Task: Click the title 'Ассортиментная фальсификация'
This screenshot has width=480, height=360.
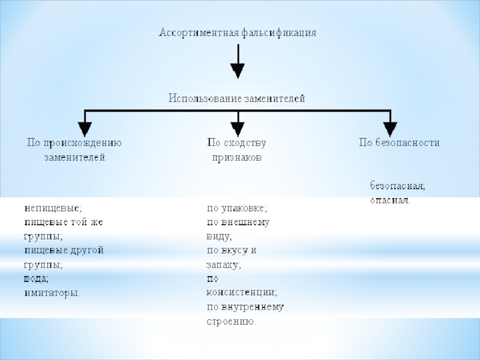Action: (237, 32)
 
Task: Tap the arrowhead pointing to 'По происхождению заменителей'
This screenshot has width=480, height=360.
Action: (85, 128)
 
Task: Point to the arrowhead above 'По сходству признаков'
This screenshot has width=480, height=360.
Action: (238, 128)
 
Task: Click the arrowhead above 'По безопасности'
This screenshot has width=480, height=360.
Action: (390, 128)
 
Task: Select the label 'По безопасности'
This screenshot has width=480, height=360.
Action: (399, 143)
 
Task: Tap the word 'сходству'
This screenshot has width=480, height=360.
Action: (245, 143)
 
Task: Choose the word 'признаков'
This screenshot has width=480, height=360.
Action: (237, 158)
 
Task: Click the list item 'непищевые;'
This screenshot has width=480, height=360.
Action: (52, 208)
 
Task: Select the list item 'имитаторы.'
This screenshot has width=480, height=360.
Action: (52, 293)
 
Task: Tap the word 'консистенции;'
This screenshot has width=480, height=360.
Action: (242, 293)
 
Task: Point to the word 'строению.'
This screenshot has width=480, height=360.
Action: (231, 322)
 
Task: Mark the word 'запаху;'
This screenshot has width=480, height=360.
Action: (224, 265)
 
